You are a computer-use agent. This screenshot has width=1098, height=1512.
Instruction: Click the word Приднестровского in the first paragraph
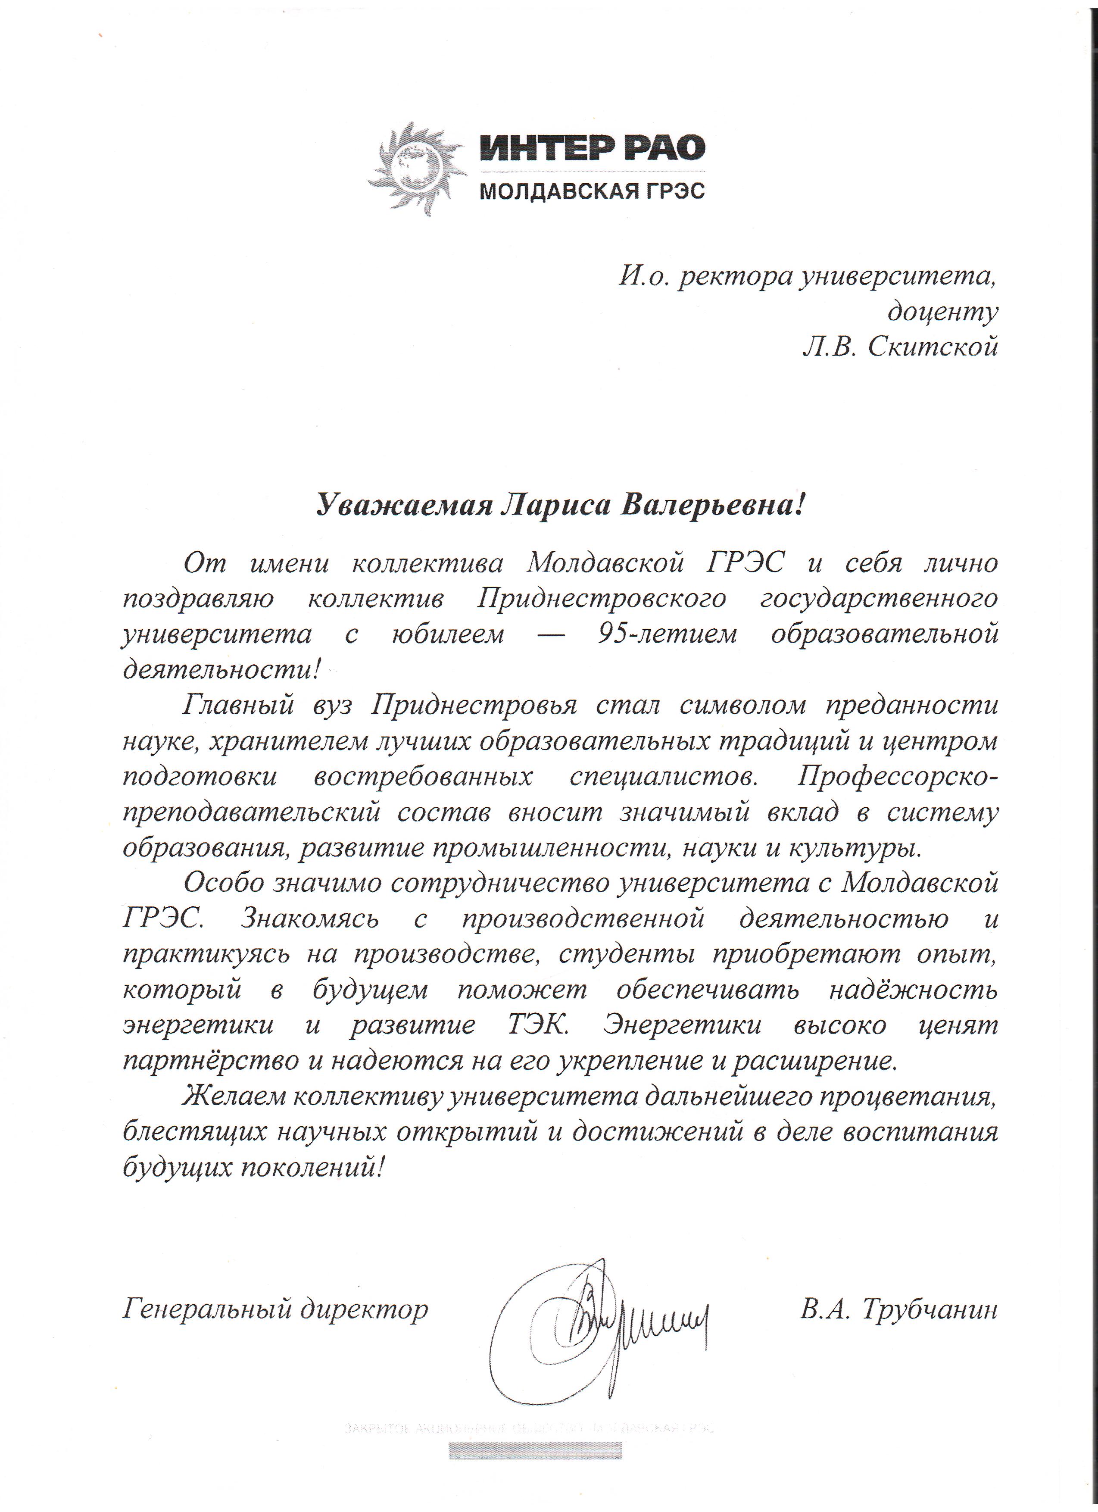[601, 598]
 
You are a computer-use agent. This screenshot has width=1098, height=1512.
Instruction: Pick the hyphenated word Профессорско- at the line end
[898, 776]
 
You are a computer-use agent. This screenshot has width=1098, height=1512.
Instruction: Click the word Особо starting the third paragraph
[223, 883]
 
